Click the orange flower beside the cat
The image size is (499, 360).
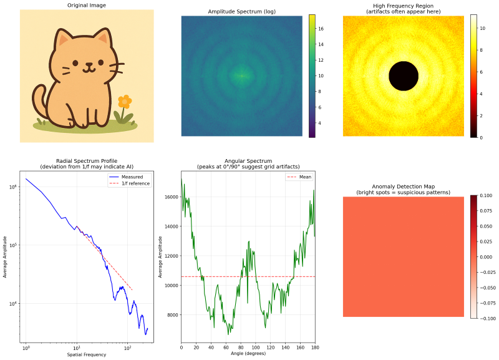[x=125, y=101]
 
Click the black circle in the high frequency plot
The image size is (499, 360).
[x=404, y=76]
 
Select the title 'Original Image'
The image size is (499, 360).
[x=86, y=6]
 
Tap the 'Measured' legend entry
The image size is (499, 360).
[x=132, y=177]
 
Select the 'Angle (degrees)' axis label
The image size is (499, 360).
[x=248, y=354]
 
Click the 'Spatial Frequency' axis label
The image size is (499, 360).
[x=86, y=354]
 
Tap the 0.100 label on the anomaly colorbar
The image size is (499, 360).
[x=487, y=196]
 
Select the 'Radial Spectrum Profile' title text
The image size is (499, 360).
[x=86, y=161]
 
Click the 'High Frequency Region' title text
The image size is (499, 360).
[x=404, y=6]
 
